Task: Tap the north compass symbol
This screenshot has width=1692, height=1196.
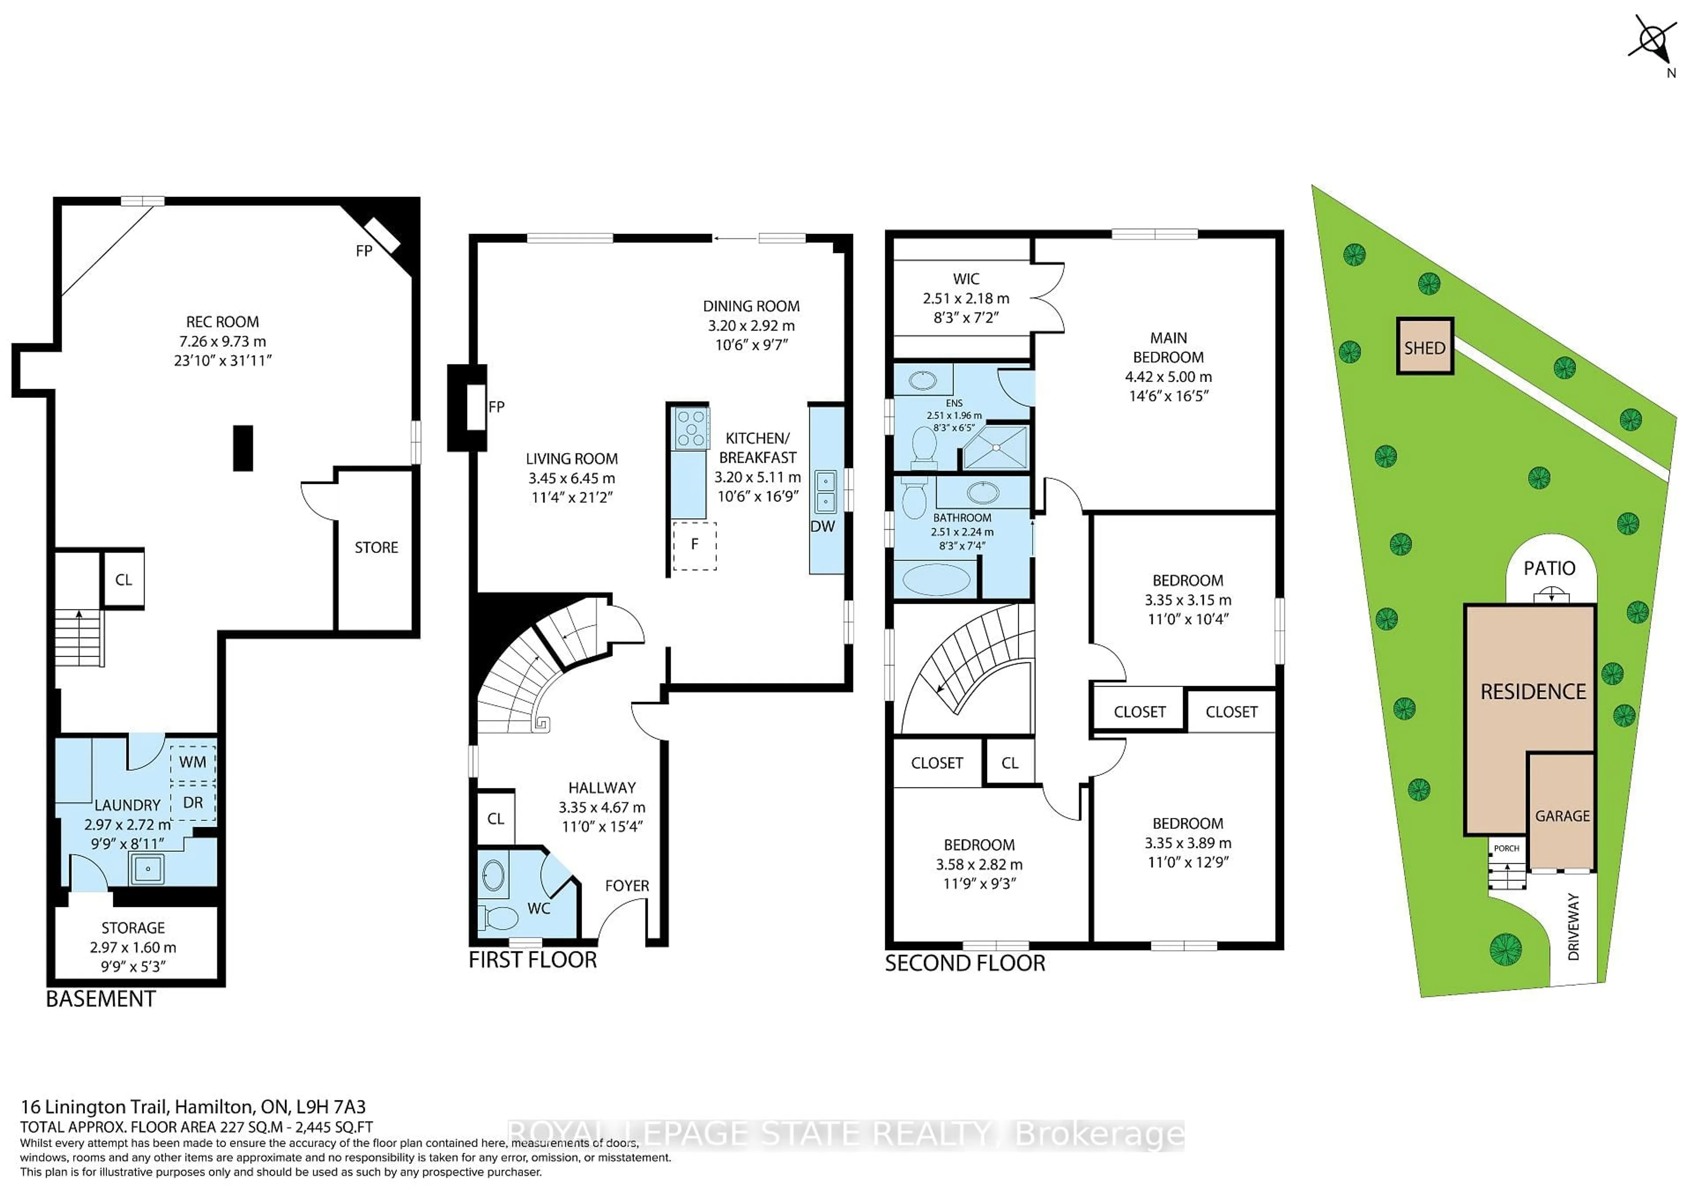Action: click(x=1653, y=44)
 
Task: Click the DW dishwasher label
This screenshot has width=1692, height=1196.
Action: click(x=822, y=526)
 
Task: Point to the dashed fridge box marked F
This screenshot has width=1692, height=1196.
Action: click(x=694, y=545)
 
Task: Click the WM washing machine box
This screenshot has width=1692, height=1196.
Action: click(x=193, y=762)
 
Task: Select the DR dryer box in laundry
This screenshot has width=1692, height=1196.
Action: click(x=193, y=802)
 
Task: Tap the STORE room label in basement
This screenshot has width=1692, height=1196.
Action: click(x=376, y=547)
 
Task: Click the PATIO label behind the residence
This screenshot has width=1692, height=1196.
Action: click(x=1549, y=568)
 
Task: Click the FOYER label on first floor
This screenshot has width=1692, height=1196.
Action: click(x=627, y=886)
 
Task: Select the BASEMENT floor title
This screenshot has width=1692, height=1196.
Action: click(x=101, y=999)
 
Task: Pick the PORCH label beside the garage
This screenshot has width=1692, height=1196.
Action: click(x=1506, y=848)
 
